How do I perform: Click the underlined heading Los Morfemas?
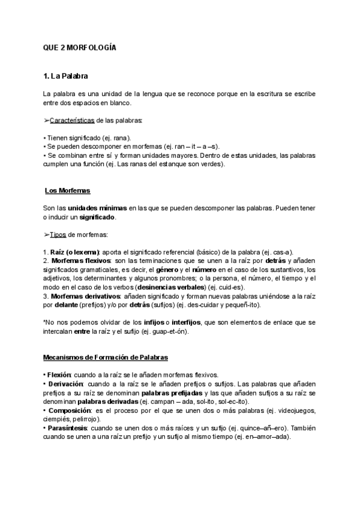(x=67, y=190)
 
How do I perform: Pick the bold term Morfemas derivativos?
(x=83, y=296)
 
